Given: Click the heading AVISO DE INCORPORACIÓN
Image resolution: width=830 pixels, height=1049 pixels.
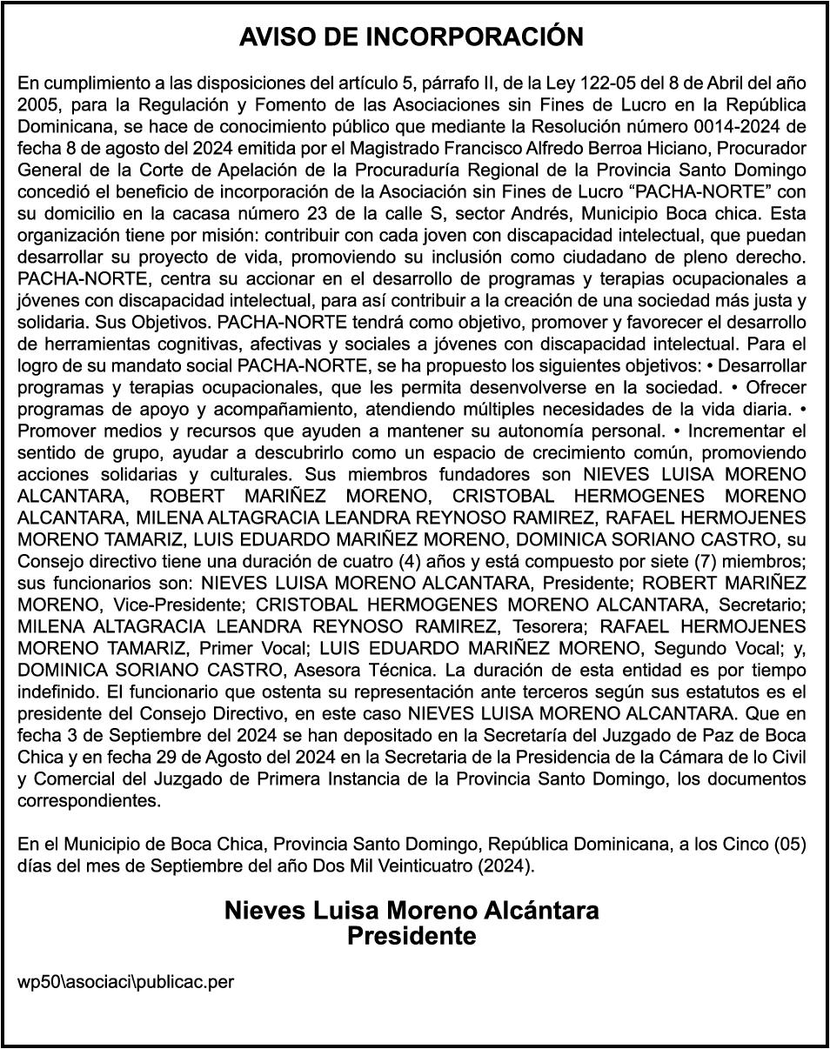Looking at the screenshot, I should click(412, 37).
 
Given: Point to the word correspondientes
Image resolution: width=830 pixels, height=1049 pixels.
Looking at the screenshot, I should click(89, 800).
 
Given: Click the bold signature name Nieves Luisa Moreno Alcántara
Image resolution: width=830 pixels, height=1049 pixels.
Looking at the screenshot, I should click(412, 911).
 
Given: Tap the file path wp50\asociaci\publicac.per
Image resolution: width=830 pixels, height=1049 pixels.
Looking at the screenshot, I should click(126, 982).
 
